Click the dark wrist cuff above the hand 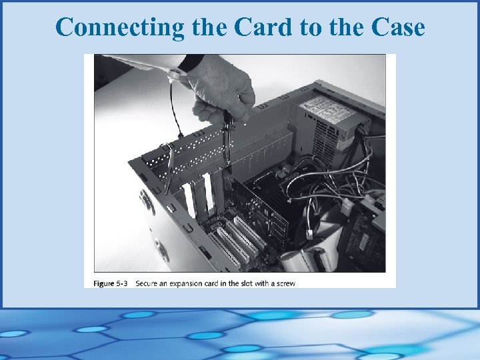[191, 63]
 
